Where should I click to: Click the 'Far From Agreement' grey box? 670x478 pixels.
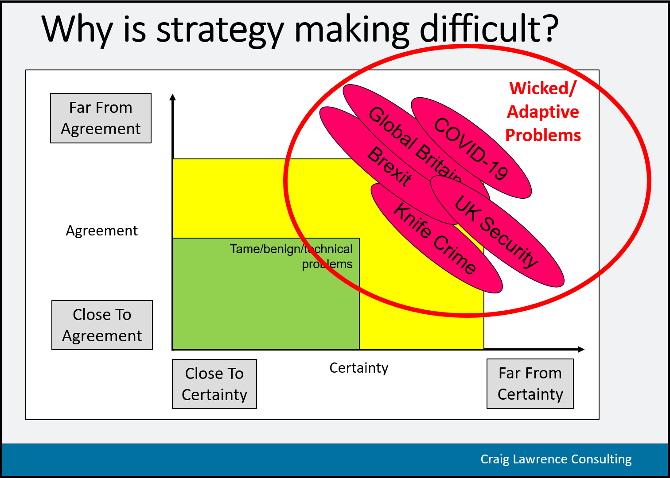pyautogui.click(x=101, y=118)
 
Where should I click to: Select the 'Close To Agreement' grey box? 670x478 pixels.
pyautogui.click(x=102, y=325)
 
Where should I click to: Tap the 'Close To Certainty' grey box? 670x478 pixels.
pyautogui.click(x=214, y=384)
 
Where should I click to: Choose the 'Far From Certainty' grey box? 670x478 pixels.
pyautogui.click(x=530, y=384)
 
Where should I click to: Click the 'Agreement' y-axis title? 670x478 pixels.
pyautogui.click(x=102, y=231)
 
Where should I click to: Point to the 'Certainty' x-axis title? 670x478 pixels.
pyautogui.click(x=359, y=368)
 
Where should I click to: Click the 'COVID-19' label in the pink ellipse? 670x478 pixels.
pyautogui.click(x=471, y=148)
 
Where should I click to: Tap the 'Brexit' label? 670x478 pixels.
pyautogui.click(x=390, y=166)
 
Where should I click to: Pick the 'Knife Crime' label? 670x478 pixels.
pyautogui.click(x=434, y=238)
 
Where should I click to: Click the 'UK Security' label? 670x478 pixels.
pyautogui.click(x=496, y=231)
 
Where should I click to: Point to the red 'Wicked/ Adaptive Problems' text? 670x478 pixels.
pyautogui.click(x=543, y=112)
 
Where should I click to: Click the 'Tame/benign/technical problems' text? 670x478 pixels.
pyautogui.click(x=291, y=256)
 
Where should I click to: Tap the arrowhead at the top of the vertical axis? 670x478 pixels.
pyautogui.click(x=172, y=97)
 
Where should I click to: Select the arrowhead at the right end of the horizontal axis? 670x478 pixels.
pyautogui.click(x=581, y=349)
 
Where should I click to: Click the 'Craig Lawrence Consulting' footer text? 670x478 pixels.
pyautogui.click(x=556, y=459)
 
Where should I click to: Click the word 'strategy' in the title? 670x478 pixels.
pyautogui.click(x=220, y=31)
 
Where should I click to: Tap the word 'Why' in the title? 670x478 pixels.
pyautogui.click(x=77, y=31)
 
